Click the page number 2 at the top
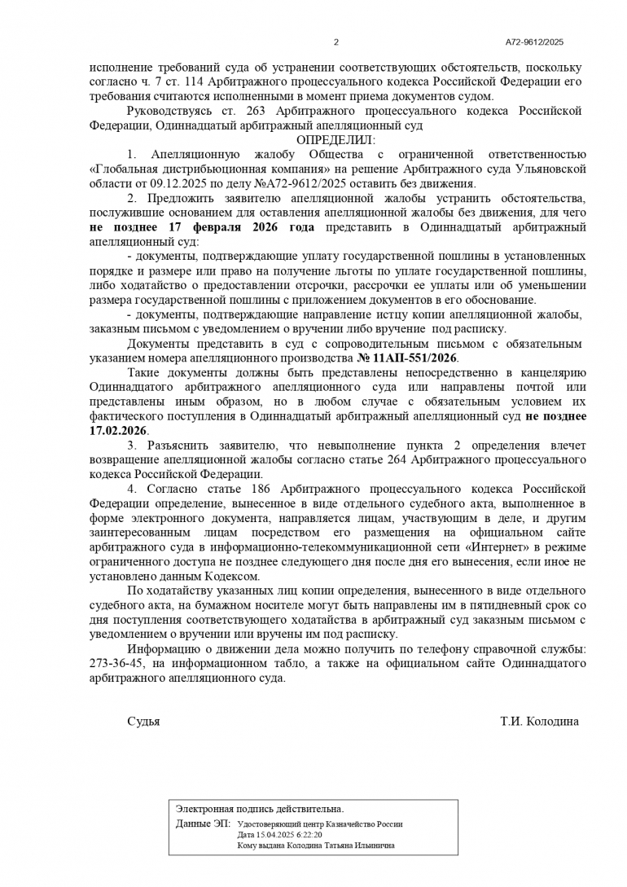tap(335, 42)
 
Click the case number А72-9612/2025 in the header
tap(534, 42)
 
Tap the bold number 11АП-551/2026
tap(415, 358)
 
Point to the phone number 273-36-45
tap(119, 665)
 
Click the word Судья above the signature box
tap(143, 722)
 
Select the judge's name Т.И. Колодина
tap(540, 722)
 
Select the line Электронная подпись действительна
tap(260, 809)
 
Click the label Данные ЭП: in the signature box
tap(203, 823)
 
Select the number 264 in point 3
tap(398, 459)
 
